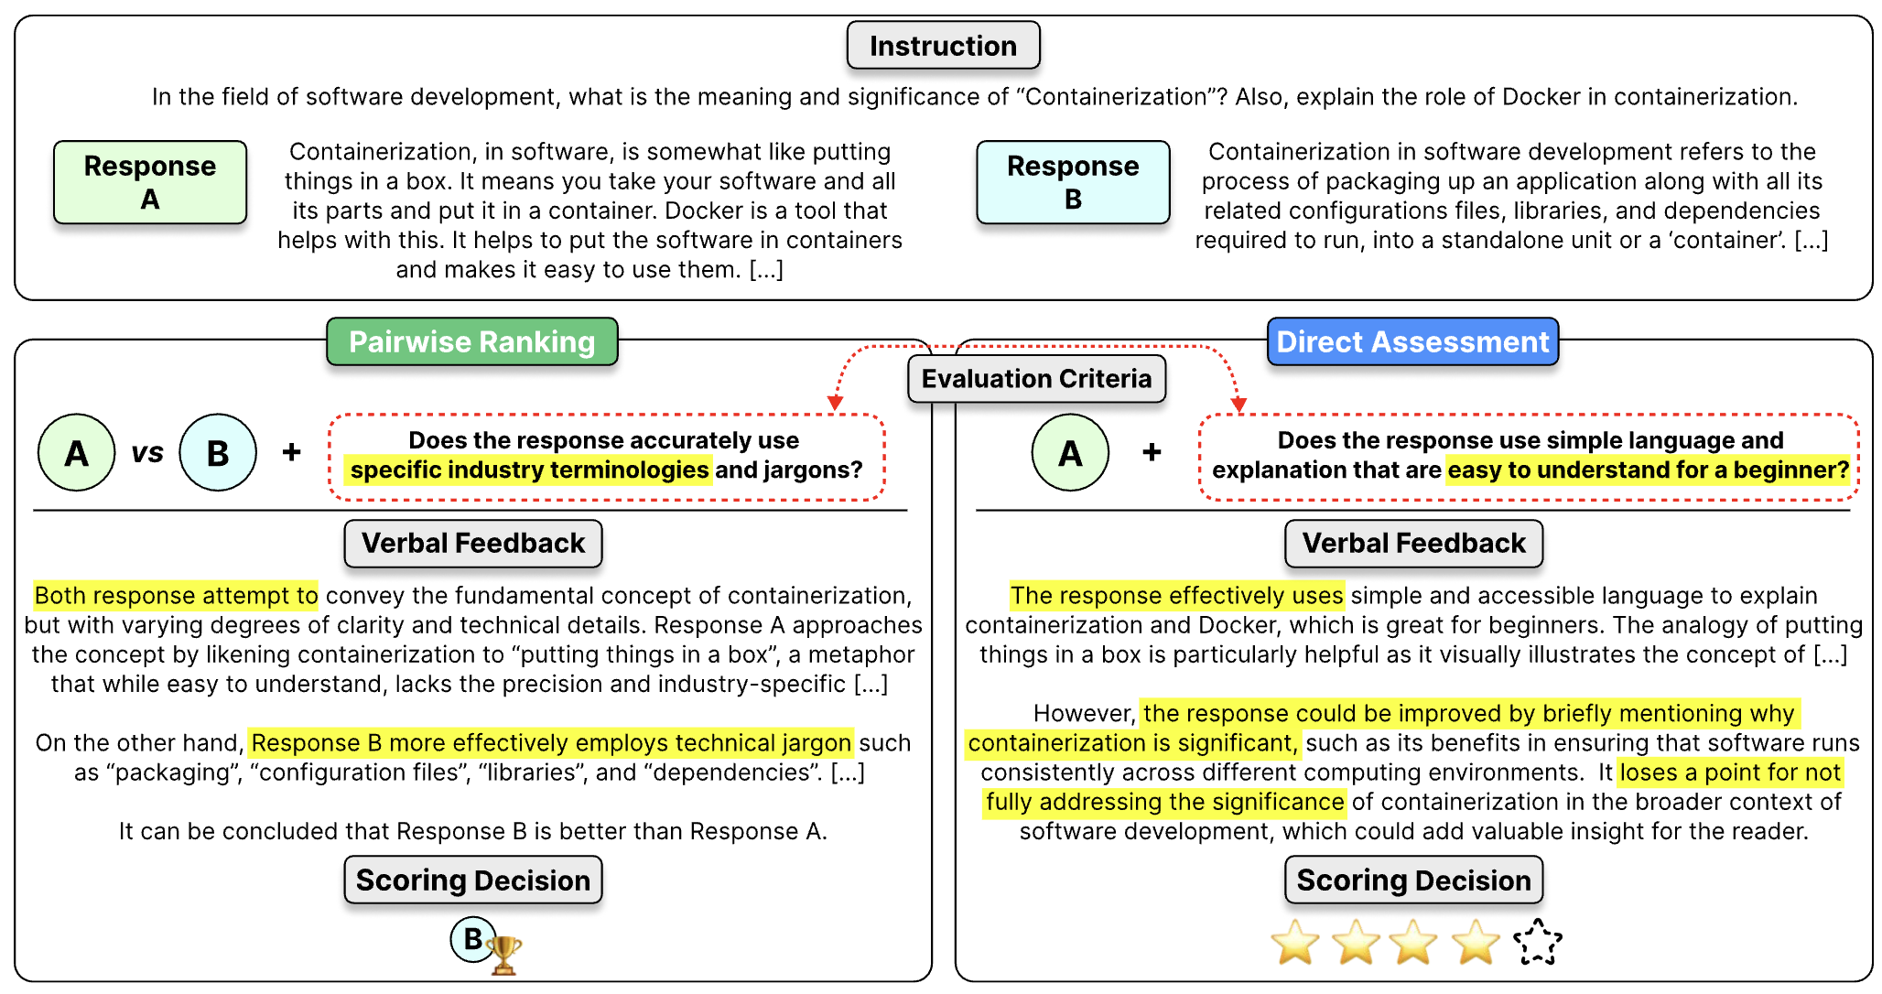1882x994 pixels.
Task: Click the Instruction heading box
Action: click(943, 46)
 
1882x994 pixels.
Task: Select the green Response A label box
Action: click(150, 182)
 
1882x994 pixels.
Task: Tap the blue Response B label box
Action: click(1073, 182)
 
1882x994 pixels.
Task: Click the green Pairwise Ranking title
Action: click(471, 342)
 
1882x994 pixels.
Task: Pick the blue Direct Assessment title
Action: click(1412, 342)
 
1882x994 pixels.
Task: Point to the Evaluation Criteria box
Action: click(1036, 379)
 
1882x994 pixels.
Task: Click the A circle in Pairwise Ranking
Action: click(77, 452)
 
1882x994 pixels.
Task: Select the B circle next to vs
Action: click(218, 452)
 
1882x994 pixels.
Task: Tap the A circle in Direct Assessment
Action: click(1070, 452)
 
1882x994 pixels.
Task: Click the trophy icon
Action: click(504, 955)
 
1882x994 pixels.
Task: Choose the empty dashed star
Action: click(1537, 942)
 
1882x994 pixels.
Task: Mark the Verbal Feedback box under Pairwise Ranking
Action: click(472, 544)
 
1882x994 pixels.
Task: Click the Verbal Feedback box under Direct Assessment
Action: click(1413, 544)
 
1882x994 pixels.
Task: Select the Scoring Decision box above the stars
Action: click(1413, 881)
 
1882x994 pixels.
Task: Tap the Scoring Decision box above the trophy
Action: click(472, 881)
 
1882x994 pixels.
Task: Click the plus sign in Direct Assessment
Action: click(1152, 452)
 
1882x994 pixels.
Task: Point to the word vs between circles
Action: click(147, 452)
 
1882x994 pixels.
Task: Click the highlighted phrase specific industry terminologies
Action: click(529, 470)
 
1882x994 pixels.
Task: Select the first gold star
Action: click(1295, 943)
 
